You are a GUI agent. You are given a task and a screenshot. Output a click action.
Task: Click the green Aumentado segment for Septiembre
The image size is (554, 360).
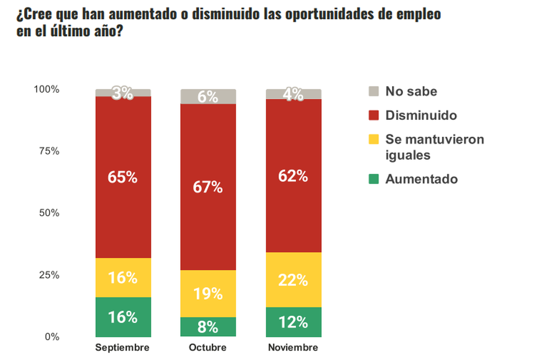pos(123,317)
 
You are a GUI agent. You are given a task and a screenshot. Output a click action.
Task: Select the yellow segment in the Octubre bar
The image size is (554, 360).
pos(208,294)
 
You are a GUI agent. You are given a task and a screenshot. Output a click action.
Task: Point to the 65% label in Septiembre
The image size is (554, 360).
pos(123,178)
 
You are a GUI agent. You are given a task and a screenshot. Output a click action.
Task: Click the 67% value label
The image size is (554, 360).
pos(208,187)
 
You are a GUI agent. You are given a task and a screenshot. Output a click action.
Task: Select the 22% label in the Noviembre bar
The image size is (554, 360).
pos(293,280)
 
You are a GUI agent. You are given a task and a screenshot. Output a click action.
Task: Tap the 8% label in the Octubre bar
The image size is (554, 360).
pos(208,327)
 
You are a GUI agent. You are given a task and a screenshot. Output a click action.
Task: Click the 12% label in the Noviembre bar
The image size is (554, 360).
pos(293,322)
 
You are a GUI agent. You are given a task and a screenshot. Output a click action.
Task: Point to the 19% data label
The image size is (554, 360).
pos(208,294)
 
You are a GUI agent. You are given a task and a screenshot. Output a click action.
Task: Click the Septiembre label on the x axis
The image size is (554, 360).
pos(123,348)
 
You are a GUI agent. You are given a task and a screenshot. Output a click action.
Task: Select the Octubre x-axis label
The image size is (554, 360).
pos(208,348)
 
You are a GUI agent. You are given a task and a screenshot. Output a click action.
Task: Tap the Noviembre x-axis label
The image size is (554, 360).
pos(293,348)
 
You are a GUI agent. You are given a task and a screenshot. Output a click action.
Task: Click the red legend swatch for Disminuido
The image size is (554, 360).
pos(374,115)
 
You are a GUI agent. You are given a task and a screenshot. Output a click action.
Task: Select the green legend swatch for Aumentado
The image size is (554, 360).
pos(374,179)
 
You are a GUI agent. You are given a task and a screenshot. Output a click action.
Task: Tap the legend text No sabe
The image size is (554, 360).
pos(411,91)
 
